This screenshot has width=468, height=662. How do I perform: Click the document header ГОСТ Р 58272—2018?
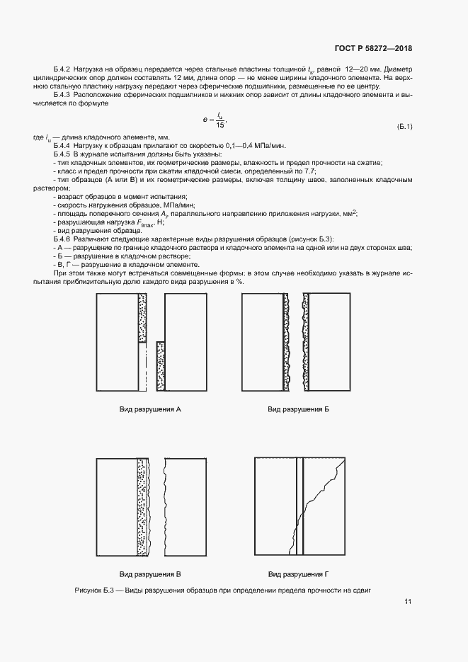(x=372, y=48)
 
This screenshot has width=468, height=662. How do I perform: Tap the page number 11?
(x=408, y=602)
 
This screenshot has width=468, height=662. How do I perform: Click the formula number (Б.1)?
(x=405, y=126)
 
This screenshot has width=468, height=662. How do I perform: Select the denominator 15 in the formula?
(x=222, y=125)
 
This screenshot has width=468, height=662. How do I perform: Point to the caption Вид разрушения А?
(x=150, y=410)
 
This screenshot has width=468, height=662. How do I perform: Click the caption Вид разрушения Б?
(x=298, y=410)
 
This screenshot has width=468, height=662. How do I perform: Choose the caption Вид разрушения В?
(x=150, y=573)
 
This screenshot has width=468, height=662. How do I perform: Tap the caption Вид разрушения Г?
(x=299, y=573)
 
